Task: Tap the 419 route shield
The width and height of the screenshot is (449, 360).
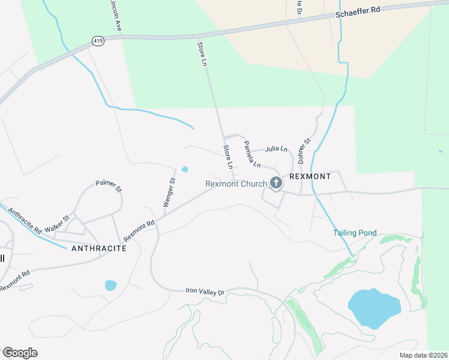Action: pyautogui.click(x=98, y=41)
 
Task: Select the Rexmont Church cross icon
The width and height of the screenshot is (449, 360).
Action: pyautogui.click(x=276, y=183)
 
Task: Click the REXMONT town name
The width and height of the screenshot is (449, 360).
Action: pyautogui.click(x=310, y=177)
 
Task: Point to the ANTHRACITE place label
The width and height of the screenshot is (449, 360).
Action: pyautogui.click(x=99, y=248)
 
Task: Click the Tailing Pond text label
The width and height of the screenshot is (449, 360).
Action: pyautogui.click(x=355, y=233)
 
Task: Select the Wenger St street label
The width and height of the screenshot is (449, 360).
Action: pyautogui.click(x=169, y=192)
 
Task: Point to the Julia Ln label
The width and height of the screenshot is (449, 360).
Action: pyautogui.click(x=276, y=149)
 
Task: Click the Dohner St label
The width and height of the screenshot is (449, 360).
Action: pyautogui.click(x=303, y=151)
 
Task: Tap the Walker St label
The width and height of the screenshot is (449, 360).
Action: pyautogui.click(x=58, y=224)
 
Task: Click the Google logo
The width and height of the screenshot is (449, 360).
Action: pyautogui.click(x=20, y=353)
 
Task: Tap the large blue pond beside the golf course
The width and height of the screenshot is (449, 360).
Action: pyautogui.click(x=374, y=308)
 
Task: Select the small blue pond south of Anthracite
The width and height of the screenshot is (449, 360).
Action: pyautogui.click(x=110, y=285)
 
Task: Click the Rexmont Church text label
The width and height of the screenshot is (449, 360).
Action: pyautogui.click(x=236, y=184)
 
